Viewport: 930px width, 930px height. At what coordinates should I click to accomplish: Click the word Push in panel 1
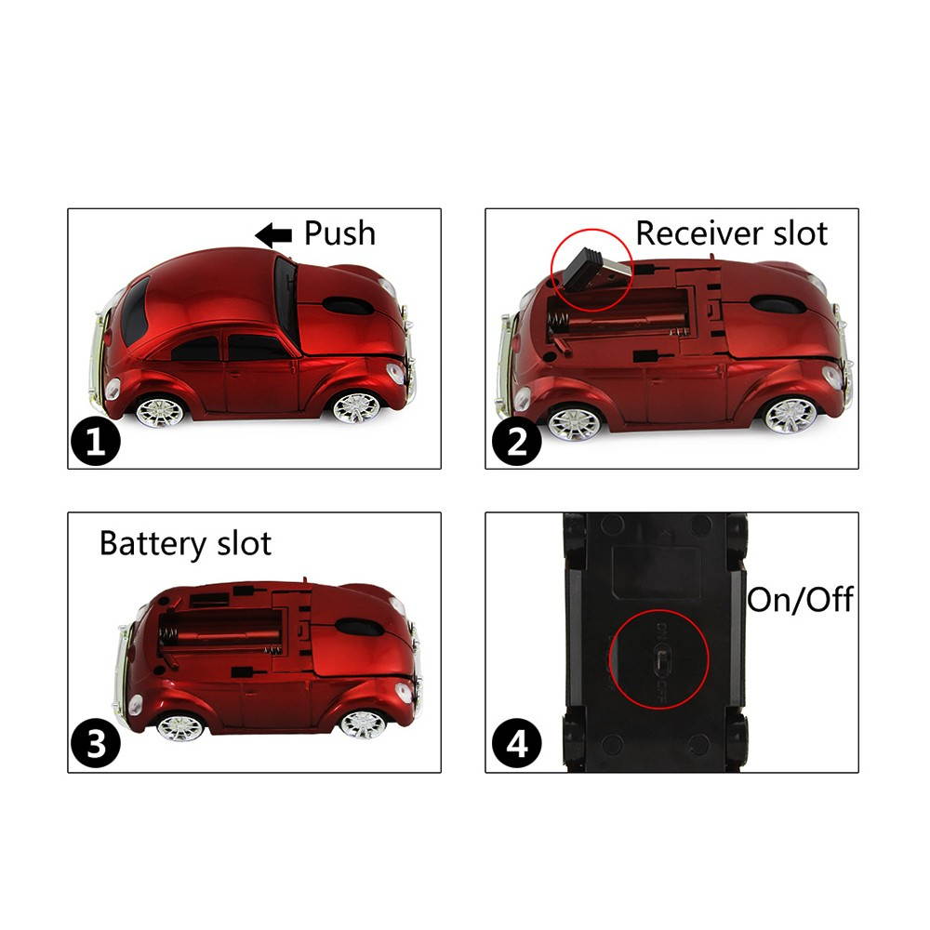tap(339, 233)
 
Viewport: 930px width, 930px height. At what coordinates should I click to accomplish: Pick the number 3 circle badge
tap(96, 744)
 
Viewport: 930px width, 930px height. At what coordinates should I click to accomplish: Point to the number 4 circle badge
tap(514, 744)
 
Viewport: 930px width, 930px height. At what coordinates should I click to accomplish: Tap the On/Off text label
tap(800, 600)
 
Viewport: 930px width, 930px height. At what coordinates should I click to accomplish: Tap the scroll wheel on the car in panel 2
tap(775, 304)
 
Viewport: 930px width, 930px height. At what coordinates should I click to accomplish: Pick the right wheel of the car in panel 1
tap(356, 406)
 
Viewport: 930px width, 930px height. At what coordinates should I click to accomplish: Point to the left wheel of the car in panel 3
tap(179, 725)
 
